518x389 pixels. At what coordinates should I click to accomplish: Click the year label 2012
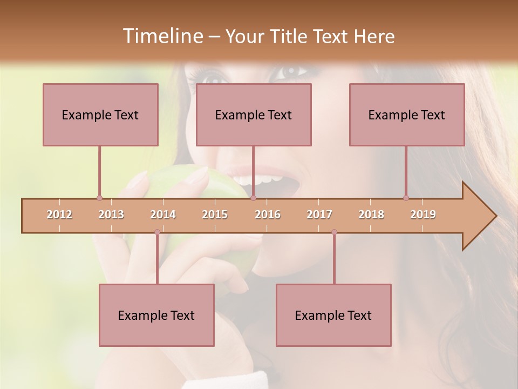[x=59, y=214]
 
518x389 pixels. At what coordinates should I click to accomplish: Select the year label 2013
[x=111, y=214]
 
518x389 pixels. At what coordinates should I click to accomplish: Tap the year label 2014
[x=163, y=214]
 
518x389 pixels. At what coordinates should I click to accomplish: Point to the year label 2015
[x=215, y=214]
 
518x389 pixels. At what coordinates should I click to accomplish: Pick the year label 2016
[x=268, y=214]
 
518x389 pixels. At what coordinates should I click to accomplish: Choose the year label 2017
[x=319, y=214]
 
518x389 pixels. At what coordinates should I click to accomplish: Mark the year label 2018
[x=371, y=214]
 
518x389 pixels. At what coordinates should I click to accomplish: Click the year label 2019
[x=423, y=214]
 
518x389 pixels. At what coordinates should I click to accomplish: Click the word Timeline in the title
[x=162, y=36]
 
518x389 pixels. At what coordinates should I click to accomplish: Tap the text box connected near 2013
[x=100, y=115]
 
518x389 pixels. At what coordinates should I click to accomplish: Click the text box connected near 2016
[x=254, y=115]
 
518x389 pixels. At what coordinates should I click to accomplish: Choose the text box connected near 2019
[x=407, y=115]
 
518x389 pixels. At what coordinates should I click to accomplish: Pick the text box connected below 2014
[x=156, y=315]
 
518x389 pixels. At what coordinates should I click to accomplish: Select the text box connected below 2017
[x=333, y=315]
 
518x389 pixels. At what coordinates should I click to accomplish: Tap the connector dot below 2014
[x=157, y=232]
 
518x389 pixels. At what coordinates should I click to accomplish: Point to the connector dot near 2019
[x=406, y=198]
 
